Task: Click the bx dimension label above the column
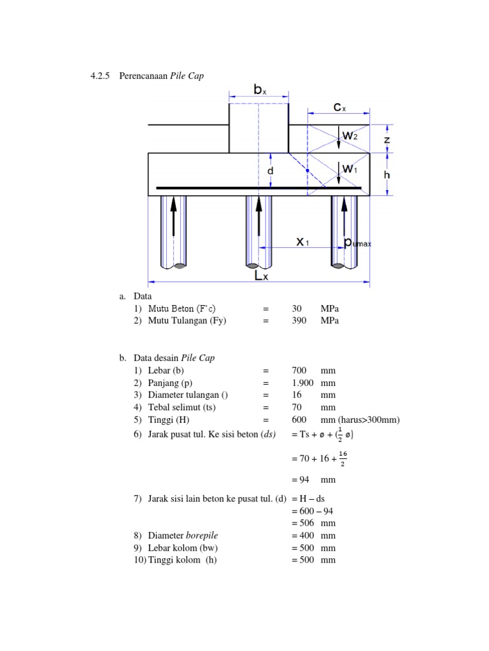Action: tap(260, 90)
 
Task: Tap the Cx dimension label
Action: tap(340, 107)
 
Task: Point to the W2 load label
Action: tap(350, 135)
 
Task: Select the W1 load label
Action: tap(350, 168)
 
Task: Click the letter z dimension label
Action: tap(387, 139)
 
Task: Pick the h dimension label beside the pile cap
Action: tap(387, 174)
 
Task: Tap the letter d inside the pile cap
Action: tap(271, 172)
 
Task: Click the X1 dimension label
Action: tap(303, 242)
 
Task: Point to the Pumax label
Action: tap(357, 242)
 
